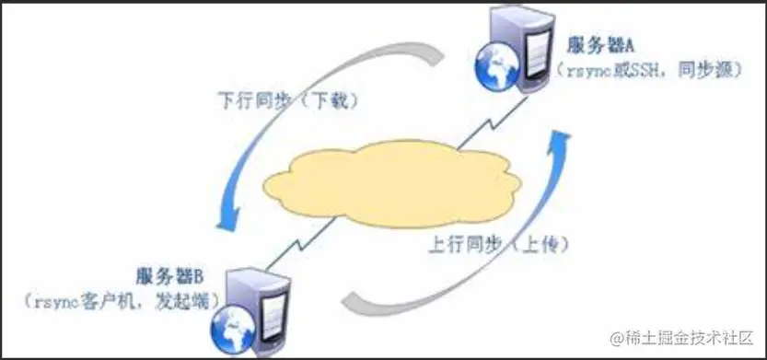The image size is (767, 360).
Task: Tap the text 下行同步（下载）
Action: [x=287, y=100]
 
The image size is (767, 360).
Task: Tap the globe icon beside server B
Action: [x=227, y=324]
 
